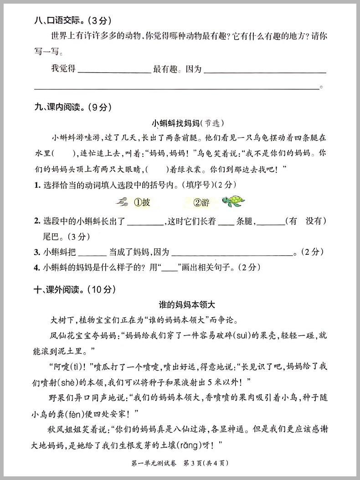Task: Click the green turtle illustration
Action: tap(233, 201)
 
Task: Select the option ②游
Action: tap(201, 202)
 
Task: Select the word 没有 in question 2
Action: tap(316, 221)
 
